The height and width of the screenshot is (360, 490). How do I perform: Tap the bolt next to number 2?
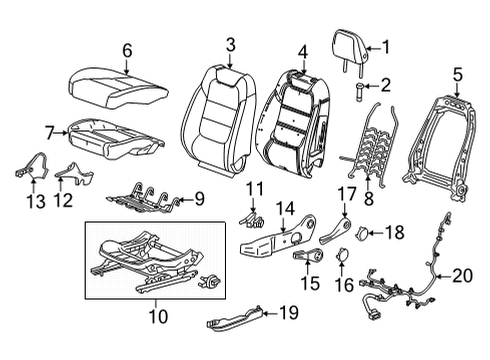click(x=359, y=94)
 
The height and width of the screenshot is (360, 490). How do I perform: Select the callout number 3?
click(x=230, y=43)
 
